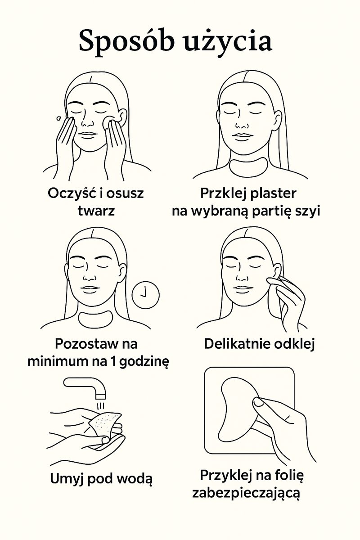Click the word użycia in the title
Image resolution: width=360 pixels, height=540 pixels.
coord(231,42)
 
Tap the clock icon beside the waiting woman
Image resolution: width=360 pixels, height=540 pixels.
coord(146,295)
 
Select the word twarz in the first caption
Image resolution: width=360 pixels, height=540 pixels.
coord(96,211)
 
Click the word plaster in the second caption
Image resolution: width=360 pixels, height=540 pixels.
coord(273,194)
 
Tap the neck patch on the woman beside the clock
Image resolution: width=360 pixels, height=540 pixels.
coord(95,319)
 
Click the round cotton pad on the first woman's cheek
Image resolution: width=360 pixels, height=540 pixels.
coord(107,122)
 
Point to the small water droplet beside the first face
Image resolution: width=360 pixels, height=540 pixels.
coord(58,118)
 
